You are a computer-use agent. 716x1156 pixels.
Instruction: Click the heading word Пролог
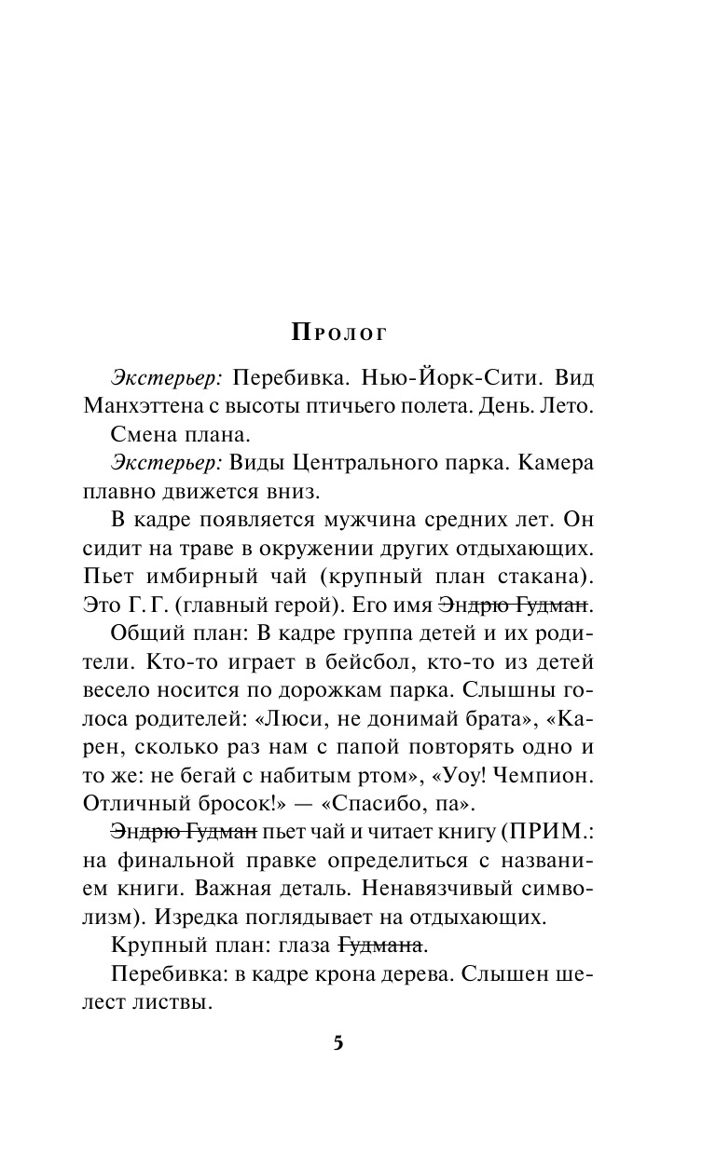337,332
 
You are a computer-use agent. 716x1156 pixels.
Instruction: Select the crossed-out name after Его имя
513,604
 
